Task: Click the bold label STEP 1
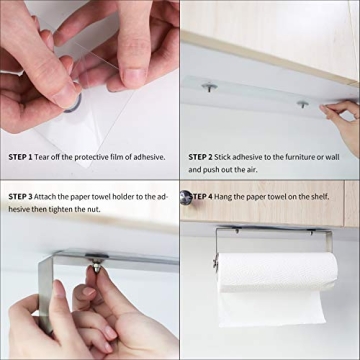[x=21, y=157]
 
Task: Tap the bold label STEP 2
[x=201, y=157]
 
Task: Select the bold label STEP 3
[x=21, y=197]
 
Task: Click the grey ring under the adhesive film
[x=73, y=102]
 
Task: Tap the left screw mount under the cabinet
[x=208, y=88]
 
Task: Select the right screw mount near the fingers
[x=302, y=103]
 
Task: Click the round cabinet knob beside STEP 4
[x=185, y=197]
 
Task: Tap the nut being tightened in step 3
[x=91, y=268]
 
